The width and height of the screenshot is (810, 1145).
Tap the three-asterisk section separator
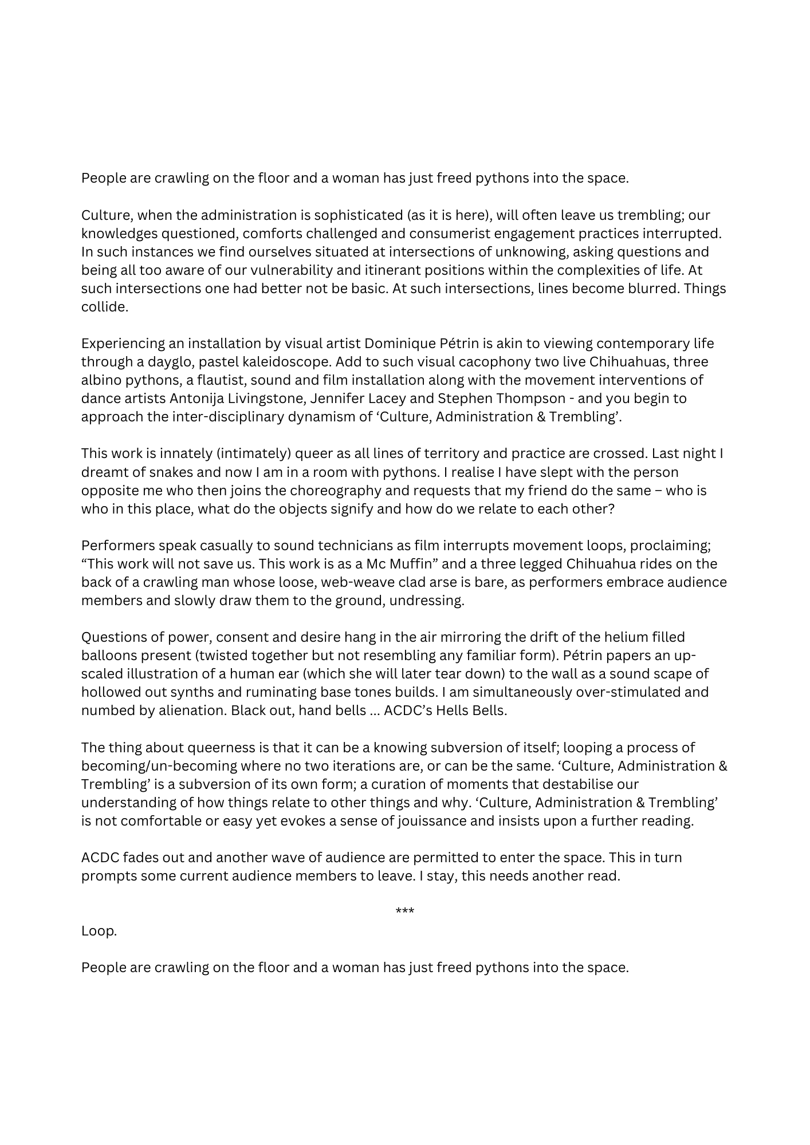(405, 911)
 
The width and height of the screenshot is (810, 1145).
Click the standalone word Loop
(99, 931)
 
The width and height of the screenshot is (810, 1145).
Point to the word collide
(104, 307)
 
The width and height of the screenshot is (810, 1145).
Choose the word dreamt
(101, 473)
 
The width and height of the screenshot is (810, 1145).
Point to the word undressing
(428, 601)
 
